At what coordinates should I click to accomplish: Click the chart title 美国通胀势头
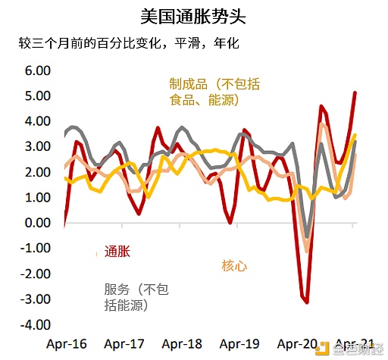tap(193, 15)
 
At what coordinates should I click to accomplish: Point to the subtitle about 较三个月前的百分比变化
tap(128, 42)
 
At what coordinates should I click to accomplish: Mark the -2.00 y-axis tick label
tap(35, 274)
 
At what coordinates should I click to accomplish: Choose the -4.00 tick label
tap(35, 324)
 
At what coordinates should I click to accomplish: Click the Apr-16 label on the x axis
tap(67, 343)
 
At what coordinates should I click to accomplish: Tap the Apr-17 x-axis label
tap(124, 343)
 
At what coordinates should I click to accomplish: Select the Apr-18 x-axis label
tap(181, 343)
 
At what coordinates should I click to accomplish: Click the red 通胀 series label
tap(117, 252)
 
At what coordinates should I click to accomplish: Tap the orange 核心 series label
tap(234, 265)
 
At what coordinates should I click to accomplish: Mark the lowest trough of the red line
tap(306, 302)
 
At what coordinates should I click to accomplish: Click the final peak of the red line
tap(355, 92)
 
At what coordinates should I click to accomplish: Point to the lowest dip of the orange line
tap(307, 250)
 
